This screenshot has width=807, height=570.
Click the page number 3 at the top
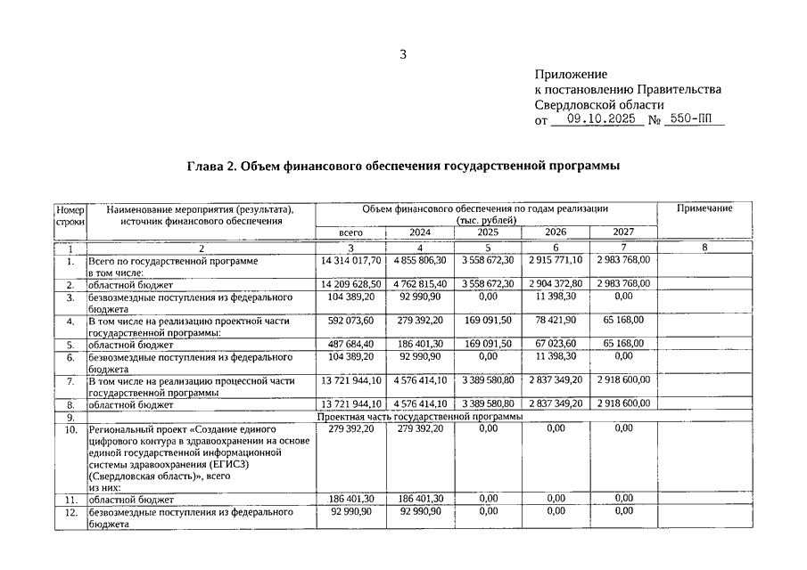[403, 54]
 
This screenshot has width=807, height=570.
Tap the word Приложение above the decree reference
[571, 74]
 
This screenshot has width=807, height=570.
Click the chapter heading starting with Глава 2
[403, 167]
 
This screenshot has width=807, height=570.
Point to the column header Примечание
[704, 208]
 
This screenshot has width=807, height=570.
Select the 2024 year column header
[419, 232]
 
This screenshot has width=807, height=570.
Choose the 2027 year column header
[623, 232]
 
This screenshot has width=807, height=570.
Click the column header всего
[350, 232]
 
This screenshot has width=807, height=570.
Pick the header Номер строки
[70, 215]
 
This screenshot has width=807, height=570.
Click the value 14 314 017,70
[350, 260]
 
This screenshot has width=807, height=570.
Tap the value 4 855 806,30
[419, 260]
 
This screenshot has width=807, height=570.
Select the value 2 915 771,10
[555, 260]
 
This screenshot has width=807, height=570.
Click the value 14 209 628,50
[350, 283]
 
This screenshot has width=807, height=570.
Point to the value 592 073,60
[350, 318]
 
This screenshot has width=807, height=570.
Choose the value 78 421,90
[555, 318]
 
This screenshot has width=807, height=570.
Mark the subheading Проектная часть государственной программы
[419, 416]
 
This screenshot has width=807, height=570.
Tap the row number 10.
[70, 428]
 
